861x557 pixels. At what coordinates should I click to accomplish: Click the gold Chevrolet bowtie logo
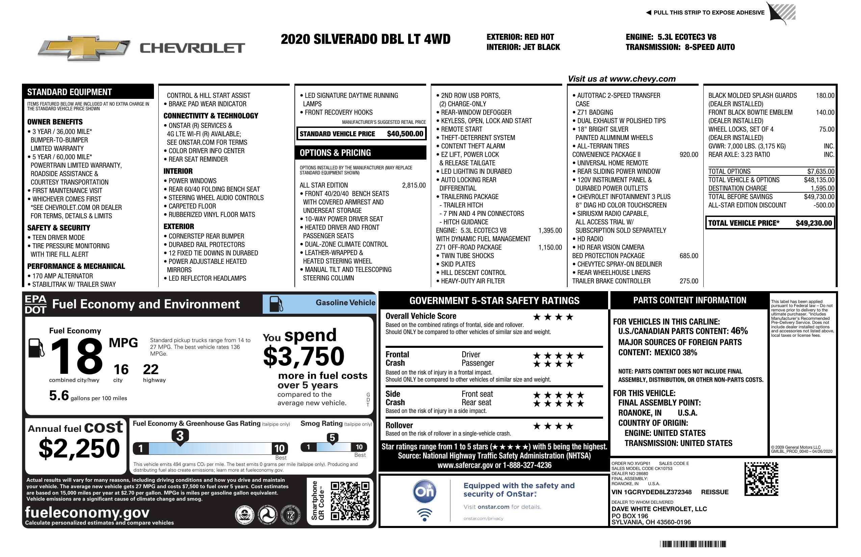84,48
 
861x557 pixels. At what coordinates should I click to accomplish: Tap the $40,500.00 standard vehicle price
405,134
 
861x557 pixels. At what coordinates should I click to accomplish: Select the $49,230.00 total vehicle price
814,223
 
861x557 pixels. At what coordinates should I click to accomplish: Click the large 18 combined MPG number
77,356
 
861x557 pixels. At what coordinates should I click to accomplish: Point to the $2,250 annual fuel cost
79,449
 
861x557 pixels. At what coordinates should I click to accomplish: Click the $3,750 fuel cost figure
304,357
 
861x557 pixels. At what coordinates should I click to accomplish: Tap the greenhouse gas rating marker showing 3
180,436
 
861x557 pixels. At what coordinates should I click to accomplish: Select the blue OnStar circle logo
424,492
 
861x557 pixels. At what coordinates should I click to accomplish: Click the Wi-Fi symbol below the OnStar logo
424,515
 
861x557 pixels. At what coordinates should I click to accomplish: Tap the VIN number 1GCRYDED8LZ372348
651,492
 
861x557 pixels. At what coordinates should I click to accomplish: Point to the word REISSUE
714,492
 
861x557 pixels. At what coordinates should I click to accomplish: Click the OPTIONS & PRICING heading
335,153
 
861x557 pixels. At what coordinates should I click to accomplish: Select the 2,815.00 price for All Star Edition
414,186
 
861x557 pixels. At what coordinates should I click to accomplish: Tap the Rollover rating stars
553,426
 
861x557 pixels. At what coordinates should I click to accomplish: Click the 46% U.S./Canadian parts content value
739,331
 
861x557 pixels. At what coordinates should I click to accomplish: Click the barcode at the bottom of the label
693,544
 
